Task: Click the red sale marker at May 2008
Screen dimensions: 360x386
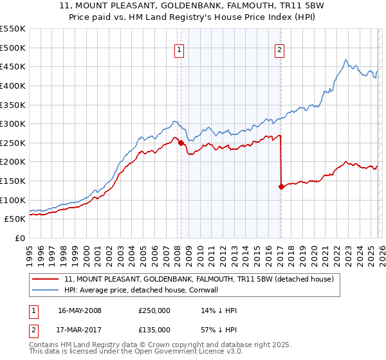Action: [181, 143]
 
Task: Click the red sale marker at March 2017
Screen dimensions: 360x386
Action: [281, 186]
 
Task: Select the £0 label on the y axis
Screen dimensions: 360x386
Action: [19, 238]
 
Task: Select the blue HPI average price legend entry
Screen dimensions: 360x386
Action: [142, 291]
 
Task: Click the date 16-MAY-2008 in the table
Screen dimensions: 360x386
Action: [80, 310]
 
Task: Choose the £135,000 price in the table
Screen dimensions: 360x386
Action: [154, 329]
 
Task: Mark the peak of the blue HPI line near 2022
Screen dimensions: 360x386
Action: [345, 60]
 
